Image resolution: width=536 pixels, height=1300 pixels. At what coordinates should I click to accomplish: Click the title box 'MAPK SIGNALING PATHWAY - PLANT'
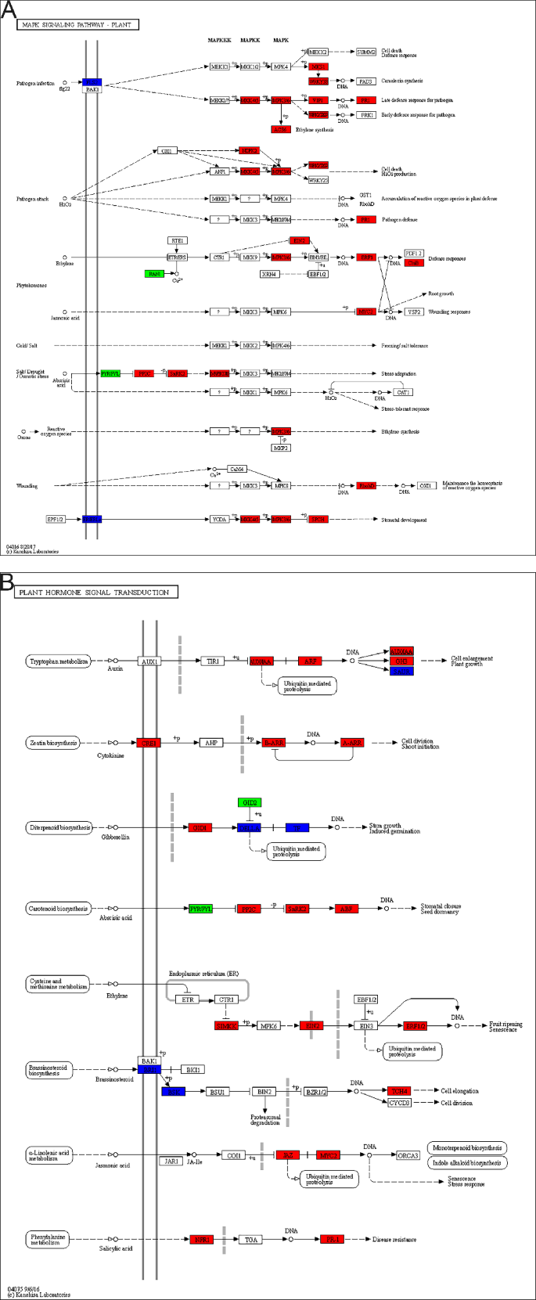coord(77,25)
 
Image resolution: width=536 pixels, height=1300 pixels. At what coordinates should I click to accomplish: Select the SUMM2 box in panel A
coord(366,52)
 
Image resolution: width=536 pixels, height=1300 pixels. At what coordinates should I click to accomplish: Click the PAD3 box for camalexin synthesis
coord(365,81)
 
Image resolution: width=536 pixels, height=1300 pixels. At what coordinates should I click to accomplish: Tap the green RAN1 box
coord(154,273)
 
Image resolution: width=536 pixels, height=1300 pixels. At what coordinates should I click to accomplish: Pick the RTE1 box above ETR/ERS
coord(177,240)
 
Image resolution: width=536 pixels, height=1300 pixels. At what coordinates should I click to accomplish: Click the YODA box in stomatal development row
coord(220,519)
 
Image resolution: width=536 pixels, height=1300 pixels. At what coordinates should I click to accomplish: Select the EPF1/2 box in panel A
coord(56,519)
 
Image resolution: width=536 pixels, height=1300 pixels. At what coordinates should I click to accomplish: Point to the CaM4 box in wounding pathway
coord(237,469)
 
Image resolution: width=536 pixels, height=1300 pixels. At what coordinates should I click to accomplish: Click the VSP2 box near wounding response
coord(414,311)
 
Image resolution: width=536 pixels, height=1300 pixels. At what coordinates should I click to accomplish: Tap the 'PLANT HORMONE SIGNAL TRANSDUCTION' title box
coord(95,592)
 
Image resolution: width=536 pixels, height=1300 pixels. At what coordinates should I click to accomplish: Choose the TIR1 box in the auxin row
coord(212,661)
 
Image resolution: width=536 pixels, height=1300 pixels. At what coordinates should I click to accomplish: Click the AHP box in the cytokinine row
coord(210,742)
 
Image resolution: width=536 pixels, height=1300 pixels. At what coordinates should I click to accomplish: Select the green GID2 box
coord(249,802)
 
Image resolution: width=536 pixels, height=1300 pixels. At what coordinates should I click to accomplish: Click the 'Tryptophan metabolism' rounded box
coord(58,661)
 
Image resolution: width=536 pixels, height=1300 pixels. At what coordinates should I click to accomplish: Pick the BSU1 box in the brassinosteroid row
coord(217,1091)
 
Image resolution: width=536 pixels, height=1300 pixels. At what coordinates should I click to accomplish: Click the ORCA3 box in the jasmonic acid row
coord(408,1154)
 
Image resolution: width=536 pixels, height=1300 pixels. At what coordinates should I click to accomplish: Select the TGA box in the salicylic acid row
coord(250,1239)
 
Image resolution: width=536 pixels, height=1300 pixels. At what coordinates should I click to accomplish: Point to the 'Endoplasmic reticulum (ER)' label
coord(203,974)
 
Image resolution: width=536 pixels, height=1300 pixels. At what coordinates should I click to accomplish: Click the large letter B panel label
coord(7,582)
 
